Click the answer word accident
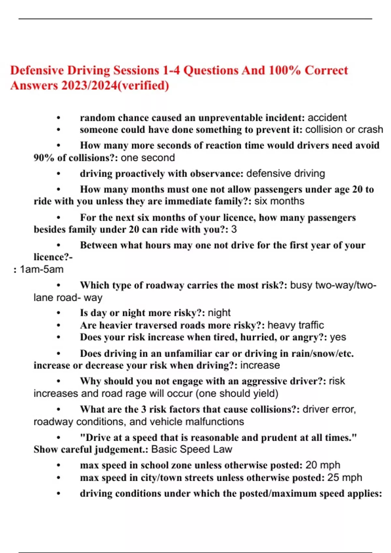(327, 117)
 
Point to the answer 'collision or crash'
(344, 129)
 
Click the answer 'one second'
(148, 158)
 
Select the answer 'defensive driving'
(285, 173)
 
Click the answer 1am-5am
(41, 269)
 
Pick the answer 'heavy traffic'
(296, 325)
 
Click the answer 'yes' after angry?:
(338, 337)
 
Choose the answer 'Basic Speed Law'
(192, 450)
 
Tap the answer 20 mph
(323, 465)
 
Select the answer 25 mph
(344, 478)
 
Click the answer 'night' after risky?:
(219, 313)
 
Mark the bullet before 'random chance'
(59, 118)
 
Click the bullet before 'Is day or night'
(59, 313)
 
